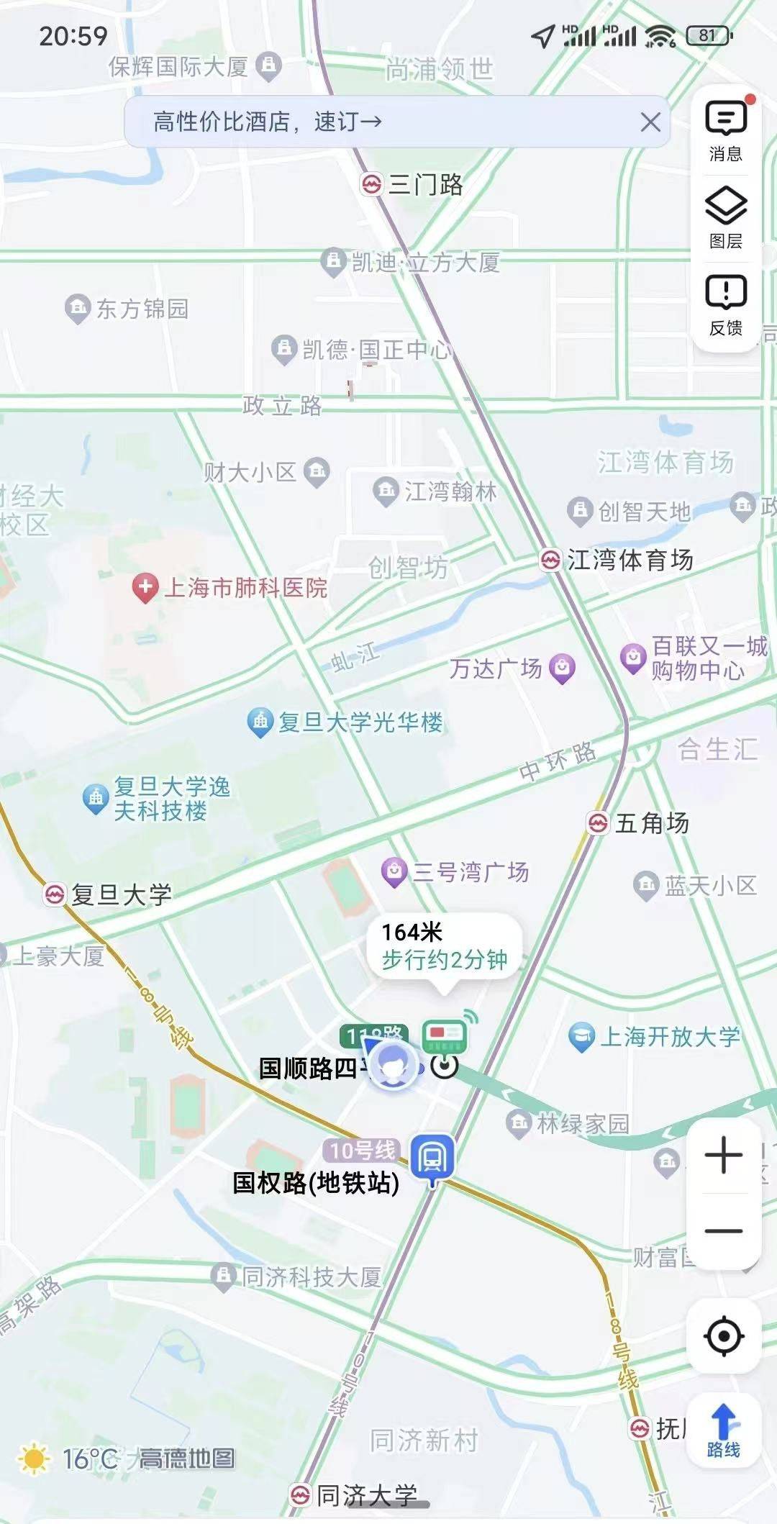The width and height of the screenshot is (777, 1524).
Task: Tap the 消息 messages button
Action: (725, 132)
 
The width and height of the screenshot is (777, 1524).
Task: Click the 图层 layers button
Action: (725, 218)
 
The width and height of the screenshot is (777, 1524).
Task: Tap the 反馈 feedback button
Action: (725, 306)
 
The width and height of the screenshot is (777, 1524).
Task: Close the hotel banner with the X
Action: (650, 122)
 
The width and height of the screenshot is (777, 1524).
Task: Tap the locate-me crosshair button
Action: (724, 1336)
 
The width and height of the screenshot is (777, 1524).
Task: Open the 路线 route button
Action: (724, 1430)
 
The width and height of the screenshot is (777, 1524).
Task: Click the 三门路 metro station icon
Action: (371, 185)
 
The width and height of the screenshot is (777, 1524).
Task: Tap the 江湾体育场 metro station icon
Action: (550, 560)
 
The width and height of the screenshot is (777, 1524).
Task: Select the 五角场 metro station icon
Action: (598, 822)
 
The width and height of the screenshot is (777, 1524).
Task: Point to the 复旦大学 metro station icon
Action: (55, 894)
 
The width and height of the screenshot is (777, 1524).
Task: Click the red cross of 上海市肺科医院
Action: (145, 587)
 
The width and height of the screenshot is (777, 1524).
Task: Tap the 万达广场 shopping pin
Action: (562, 668)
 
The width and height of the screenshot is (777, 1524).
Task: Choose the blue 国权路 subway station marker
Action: (432, 1157)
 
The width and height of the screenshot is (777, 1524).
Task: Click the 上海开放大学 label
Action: (669, 1036)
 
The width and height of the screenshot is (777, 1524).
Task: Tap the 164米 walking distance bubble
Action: (444, 946)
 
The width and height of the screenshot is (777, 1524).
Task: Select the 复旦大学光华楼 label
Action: (360, 722)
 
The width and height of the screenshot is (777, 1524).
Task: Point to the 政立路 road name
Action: (282, 406)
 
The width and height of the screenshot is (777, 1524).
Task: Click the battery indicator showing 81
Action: (709, 35)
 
